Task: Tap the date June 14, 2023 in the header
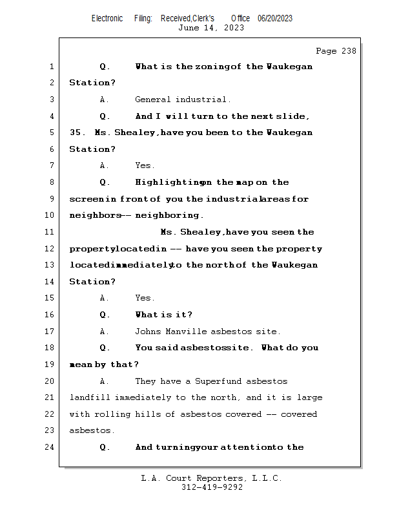click(x=211, y=28)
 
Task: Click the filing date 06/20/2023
click(x=275, y=18)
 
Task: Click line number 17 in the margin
click(x=50, y=332)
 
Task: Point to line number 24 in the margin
click(x=50, y=447)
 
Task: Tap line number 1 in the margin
click(x=50, y=67)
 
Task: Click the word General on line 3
click(x=153, y=100)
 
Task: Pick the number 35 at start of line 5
click(x=74, y=132)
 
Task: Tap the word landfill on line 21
click(x=90, y=397)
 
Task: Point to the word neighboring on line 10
click(x=169, y=215)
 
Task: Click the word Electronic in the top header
click(x=107, y=18)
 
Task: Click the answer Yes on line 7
click(x=144, y=165)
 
